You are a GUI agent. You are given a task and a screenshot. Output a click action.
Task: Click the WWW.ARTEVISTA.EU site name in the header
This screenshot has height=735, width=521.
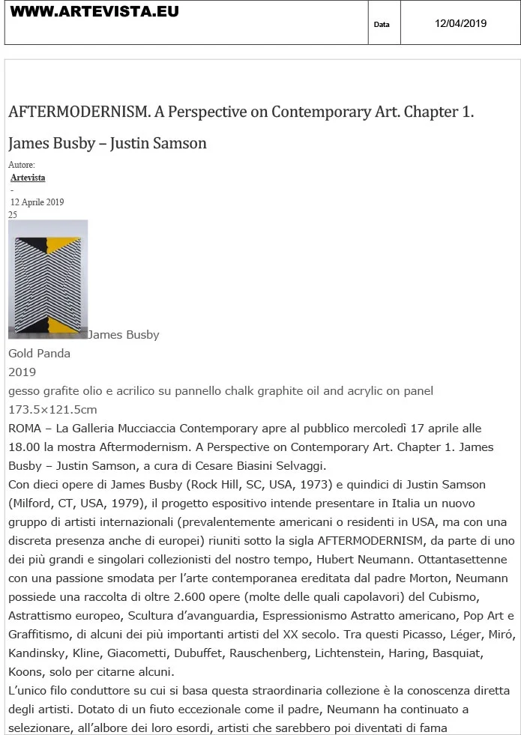(x=94, y=12)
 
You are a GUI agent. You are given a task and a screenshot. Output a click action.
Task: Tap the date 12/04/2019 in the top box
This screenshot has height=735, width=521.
(x=460, y=23)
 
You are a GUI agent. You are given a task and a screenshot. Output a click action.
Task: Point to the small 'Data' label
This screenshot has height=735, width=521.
(x=382, y=25)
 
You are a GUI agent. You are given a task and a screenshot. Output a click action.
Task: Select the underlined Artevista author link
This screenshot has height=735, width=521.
(x=28, y=178)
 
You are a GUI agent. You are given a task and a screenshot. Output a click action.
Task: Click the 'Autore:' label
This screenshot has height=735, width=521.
(x=22, y=165)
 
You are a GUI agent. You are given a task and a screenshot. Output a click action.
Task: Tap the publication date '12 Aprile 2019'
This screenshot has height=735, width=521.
(x=37, y=202)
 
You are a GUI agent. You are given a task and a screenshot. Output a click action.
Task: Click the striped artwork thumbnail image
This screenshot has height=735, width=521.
(x=48, y=279)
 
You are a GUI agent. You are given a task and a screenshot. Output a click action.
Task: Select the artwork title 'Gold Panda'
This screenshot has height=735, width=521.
(x=39, y=354)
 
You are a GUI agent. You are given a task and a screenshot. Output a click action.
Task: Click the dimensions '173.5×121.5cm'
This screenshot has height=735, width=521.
(x=52, y=410)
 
